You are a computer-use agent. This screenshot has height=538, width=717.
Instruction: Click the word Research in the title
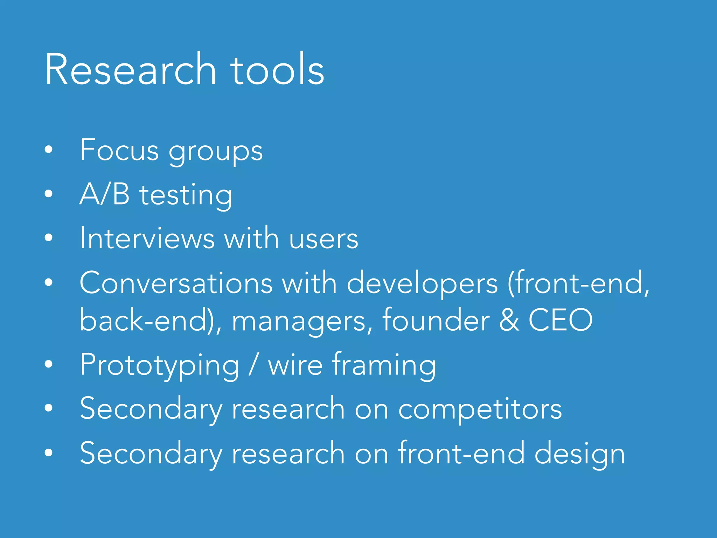tap(130, 69)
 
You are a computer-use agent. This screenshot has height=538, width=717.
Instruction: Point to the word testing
tap(186, 196)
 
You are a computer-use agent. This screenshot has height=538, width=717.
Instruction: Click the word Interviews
tap(147, 238)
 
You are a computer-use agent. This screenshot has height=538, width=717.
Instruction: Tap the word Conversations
tap(176, 283)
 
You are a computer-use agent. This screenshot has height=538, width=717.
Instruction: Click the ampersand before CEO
tap(509, 319)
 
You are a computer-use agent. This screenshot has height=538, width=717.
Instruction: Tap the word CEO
tap(560, 319)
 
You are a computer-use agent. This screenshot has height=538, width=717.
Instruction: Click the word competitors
tap(480, 410)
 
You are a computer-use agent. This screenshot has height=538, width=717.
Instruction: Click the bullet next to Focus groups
tap(49, 150)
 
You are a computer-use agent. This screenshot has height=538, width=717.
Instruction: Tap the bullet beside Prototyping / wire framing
tap(49, 364)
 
